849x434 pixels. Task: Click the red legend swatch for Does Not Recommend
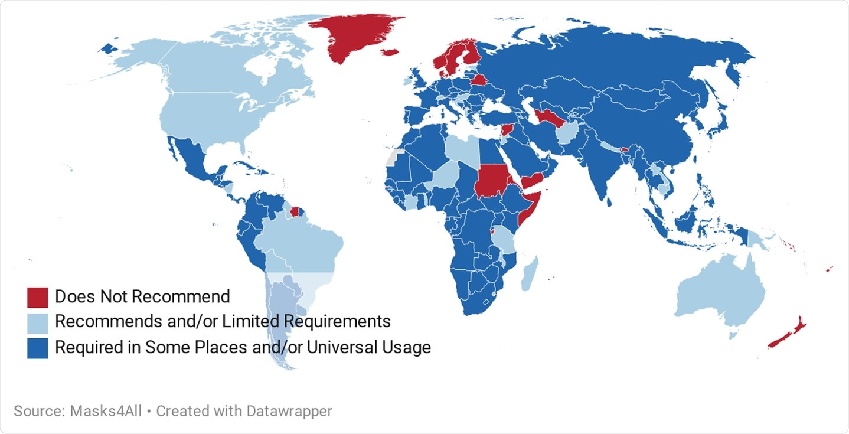(37, 297)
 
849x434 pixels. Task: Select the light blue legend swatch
(37, 322)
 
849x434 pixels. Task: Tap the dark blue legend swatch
(37, 348)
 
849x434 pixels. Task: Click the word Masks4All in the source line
(106, 411)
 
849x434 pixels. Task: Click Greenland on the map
(354, 35)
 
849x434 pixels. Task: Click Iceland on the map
(390, 53)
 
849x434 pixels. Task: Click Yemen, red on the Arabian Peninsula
(534, 177)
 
